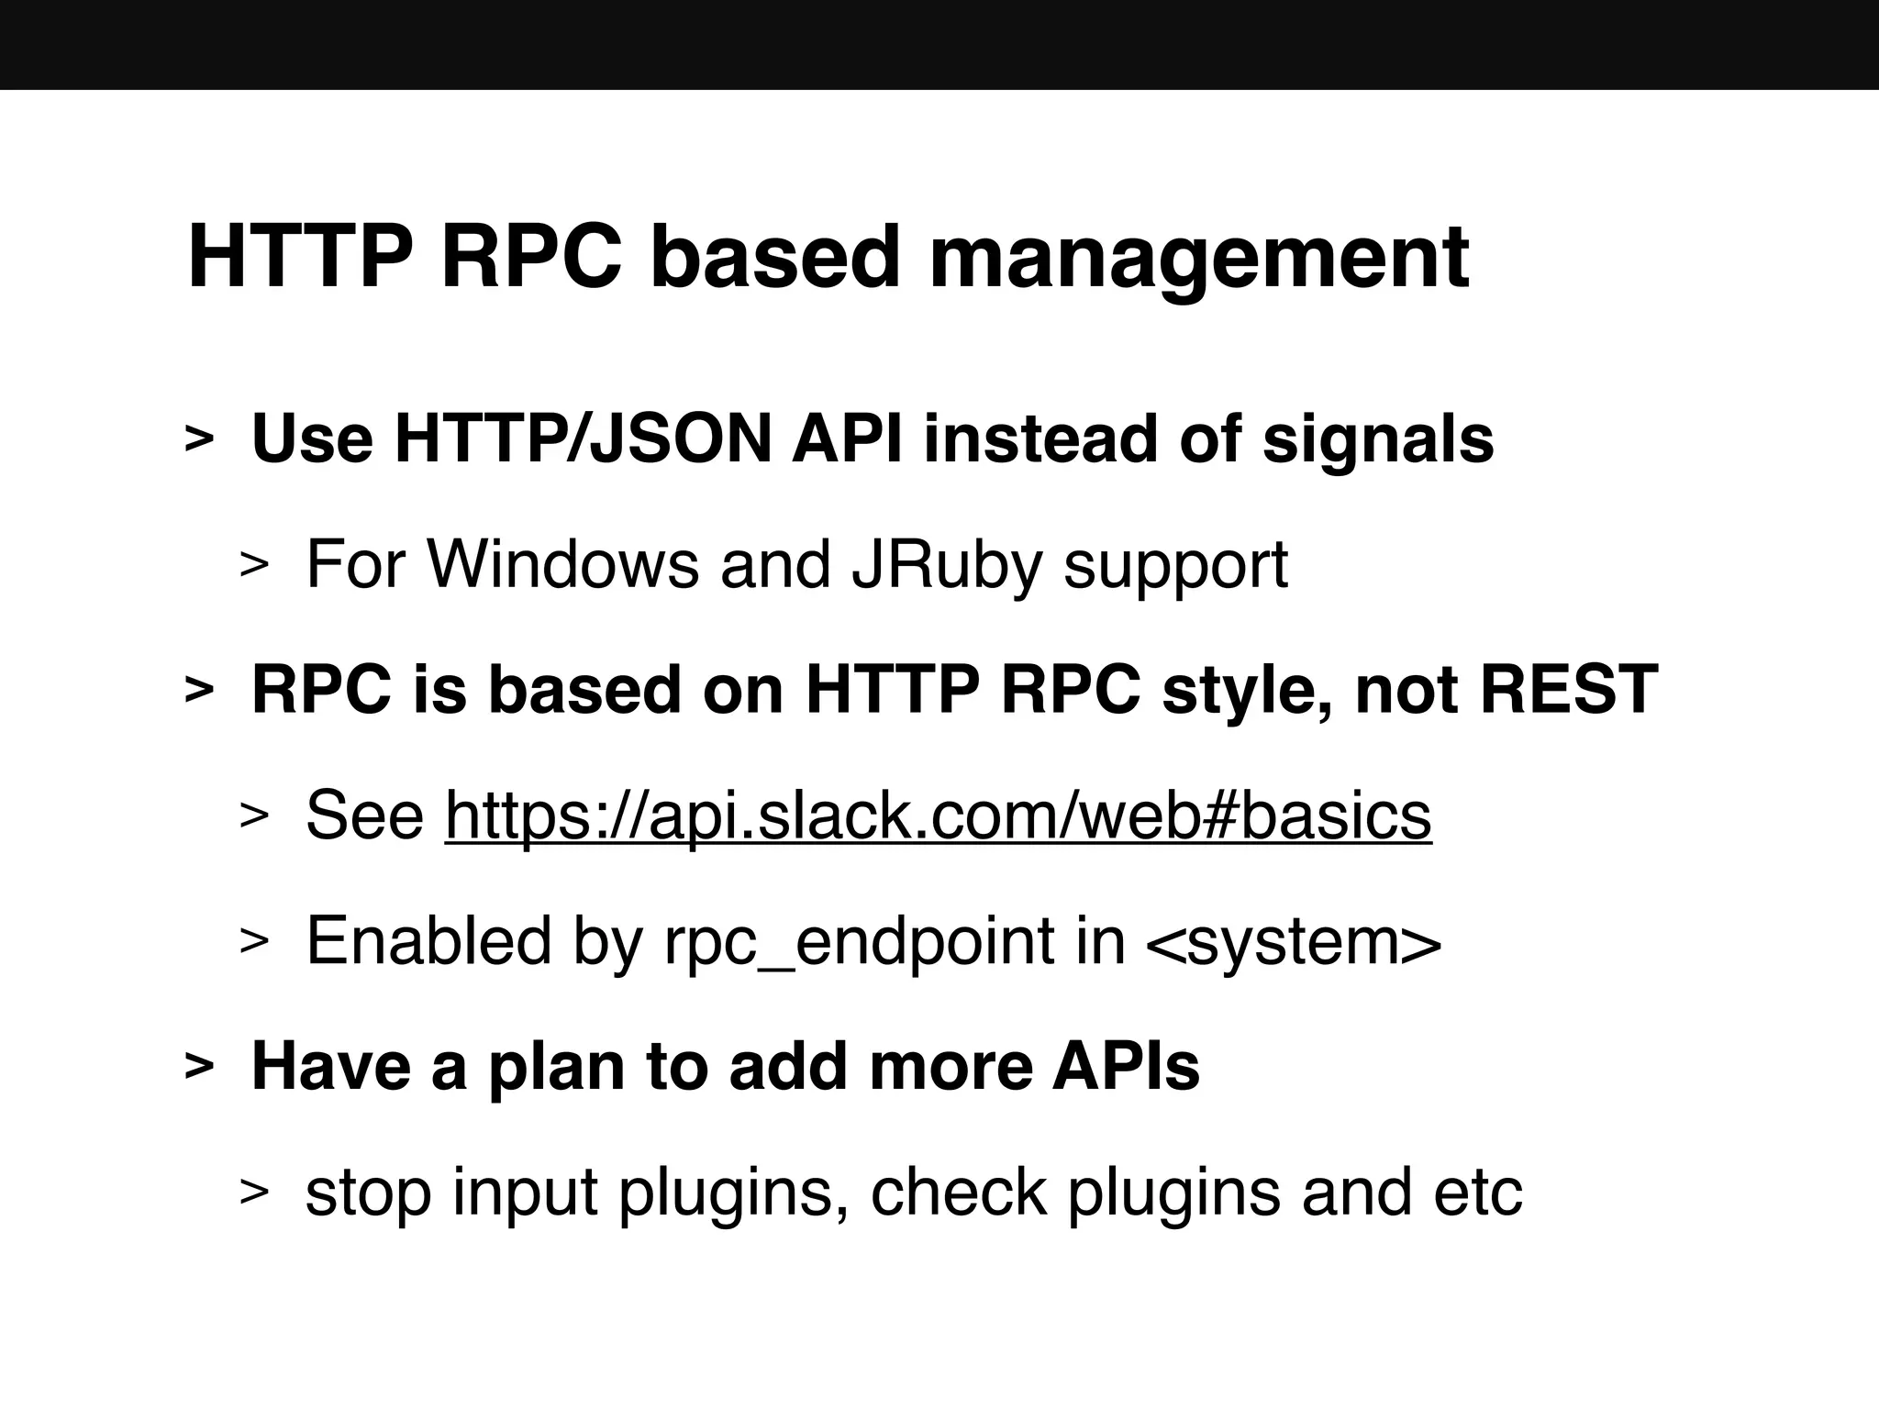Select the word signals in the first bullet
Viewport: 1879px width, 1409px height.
pyautogui.click(x=1378, y=439)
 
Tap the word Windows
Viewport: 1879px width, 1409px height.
pyautogui.click(x=562, y=564)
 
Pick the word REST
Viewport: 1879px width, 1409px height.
pyautogui.click(x=1569, y=690)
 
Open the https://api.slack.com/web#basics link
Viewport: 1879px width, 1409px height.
pyautogui.click(x=938, y=815)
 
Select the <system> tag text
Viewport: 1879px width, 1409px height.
pyautogui.click(x=1294, y=942)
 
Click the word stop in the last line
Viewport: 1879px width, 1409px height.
pyautogui.click(x=368, y=1193)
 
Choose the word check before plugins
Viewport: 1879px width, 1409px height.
pyautogui.click(x=958, y=1192)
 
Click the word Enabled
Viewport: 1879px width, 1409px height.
pyautogui.click(x=428, y=940)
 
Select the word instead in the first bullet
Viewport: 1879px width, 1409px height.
pyautogui.click(x=1040, y=439)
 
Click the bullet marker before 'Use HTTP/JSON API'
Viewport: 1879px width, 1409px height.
pyautogui.click(x=199, y=440)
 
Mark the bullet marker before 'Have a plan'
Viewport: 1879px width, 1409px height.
pyautogui.click(x=199, y=1068)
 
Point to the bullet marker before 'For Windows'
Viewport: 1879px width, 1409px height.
pyautogui.click(x=253, y=566)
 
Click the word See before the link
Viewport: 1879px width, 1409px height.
pyautogui.click(x=364, y=815)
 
